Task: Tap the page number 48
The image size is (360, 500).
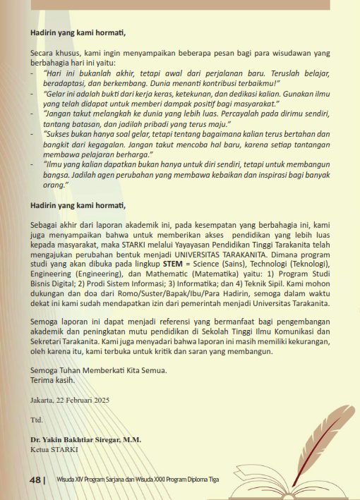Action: pyautogui.click(x=35, y=480)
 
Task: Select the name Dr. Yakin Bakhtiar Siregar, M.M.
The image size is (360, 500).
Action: pyautogui.click(x=85, y=439)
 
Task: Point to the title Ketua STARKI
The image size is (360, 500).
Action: pyautogui.click(x=54, y=448)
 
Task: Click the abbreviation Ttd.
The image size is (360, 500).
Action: pyautogui.click(x=37, y=419)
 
